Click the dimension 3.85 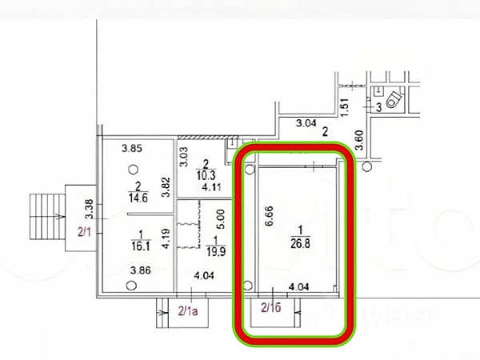[130, 148]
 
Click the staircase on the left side [46, 216]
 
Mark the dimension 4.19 [164, 238]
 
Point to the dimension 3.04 [306, 123]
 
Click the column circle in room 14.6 [133, 169]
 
